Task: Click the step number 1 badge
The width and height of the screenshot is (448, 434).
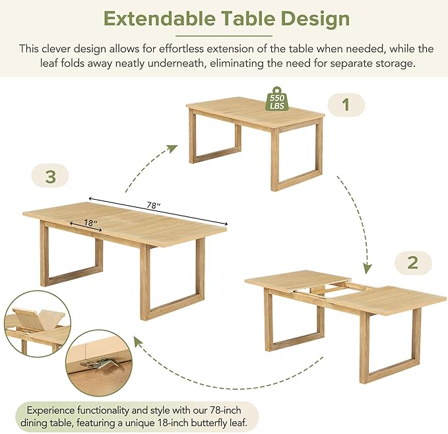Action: point(346,105)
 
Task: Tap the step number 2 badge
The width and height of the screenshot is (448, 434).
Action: point(413,263)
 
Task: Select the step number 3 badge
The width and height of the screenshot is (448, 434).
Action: point(50,176)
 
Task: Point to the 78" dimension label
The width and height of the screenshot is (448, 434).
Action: point(154,205)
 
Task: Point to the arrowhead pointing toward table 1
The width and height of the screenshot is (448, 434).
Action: point(172,149)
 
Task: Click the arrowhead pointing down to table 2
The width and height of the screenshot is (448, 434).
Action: point(367,269)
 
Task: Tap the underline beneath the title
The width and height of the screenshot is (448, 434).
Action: point(224,36)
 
